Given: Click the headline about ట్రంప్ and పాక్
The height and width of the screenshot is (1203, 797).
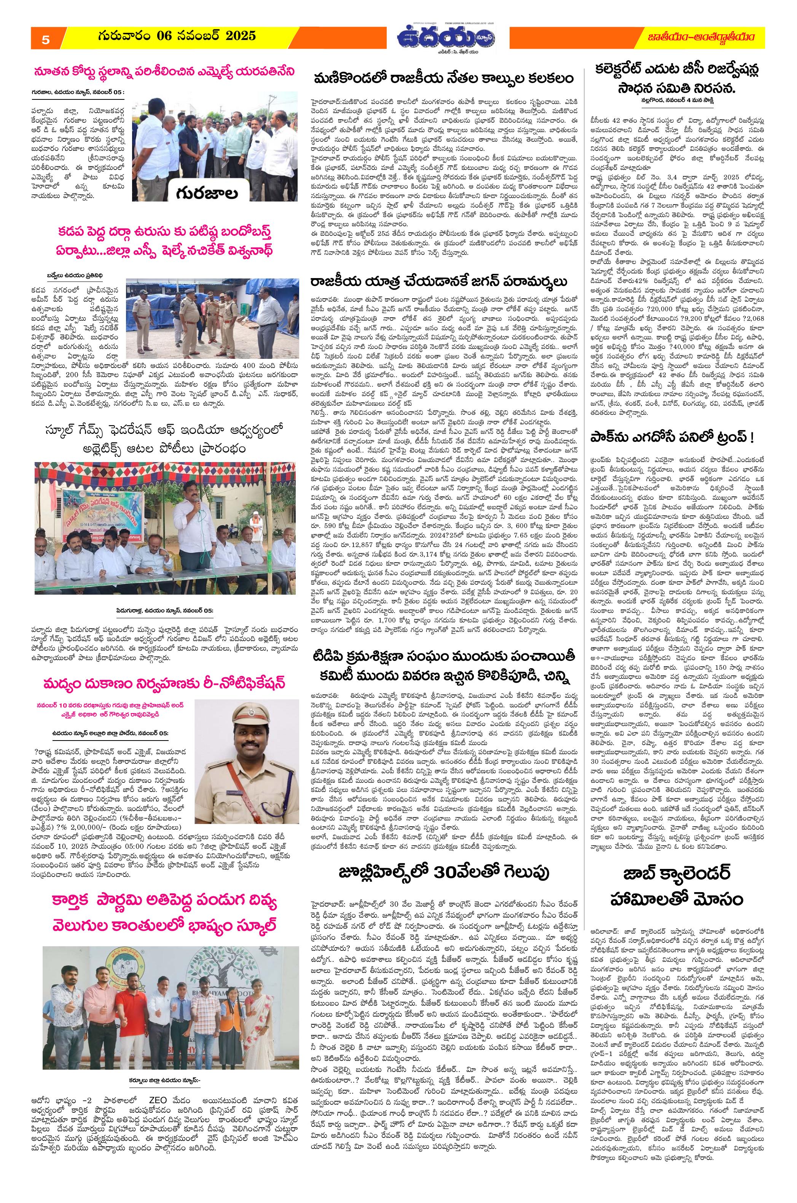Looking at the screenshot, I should (x=671, y=437).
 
